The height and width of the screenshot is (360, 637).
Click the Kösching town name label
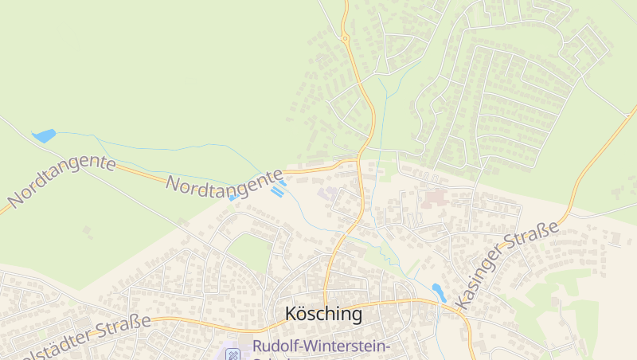coord(323,314)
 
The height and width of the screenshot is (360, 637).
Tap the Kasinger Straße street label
coord(506,266)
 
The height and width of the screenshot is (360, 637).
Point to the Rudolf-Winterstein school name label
coord(321,346)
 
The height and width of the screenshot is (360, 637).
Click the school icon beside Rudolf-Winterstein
coord(233,353)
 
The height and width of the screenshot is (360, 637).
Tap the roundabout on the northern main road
coord(345,37)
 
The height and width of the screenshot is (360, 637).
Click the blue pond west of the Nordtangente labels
coord(45,135)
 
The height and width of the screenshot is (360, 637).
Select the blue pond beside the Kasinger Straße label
coord(438,292)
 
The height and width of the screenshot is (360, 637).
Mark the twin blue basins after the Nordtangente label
coord(279,188)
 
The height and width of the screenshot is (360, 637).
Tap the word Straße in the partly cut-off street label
coord(123,328)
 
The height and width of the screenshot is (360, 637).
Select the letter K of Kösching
coord(291,314)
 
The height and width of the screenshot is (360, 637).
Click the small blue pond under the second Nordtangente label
coord(234,198)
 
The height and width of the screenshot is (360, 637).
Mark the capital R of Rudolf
coord(258,346)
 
